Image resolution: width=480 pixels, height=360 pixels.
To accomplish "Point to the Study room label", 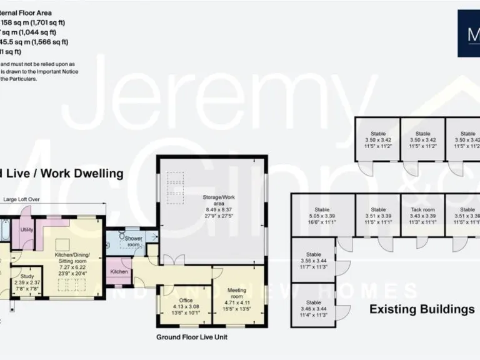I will point(27,276).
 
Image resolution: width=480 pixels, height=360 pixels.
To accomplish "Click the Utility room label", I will point(26,230).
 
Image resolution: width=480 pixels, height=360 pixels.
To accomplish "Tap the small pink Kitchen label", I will point(119,272).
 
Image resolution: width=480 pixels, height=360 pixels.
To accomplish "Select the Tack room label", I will point(422,210).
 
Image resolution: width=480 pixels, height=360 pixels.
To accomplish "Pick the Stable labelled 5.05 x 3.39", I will point(322,210).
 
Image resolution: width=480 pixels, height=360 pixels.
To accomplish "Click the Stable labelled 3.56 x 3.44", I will point(314,255).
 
